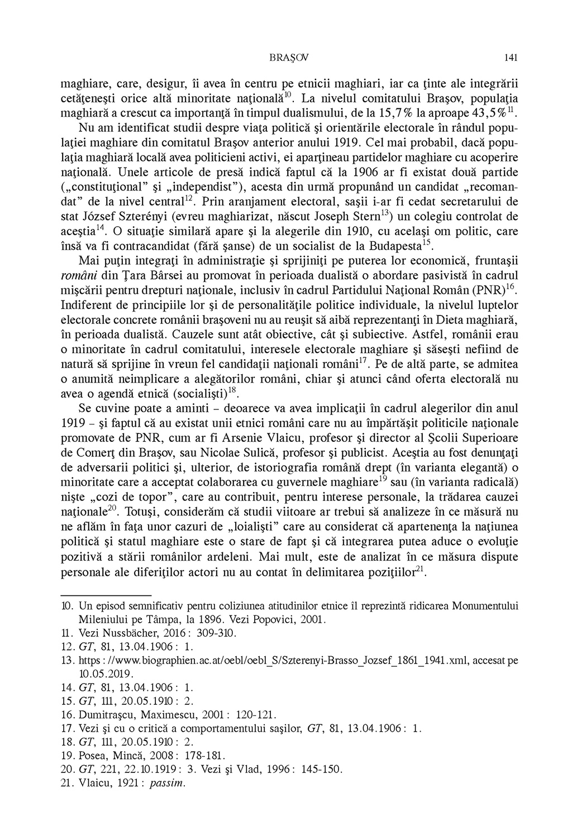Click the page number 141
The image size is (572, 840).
pyautogui.click(x=511, y=58)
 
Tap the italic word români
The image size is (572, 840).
pyautogui.click(x=75, y=275)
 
